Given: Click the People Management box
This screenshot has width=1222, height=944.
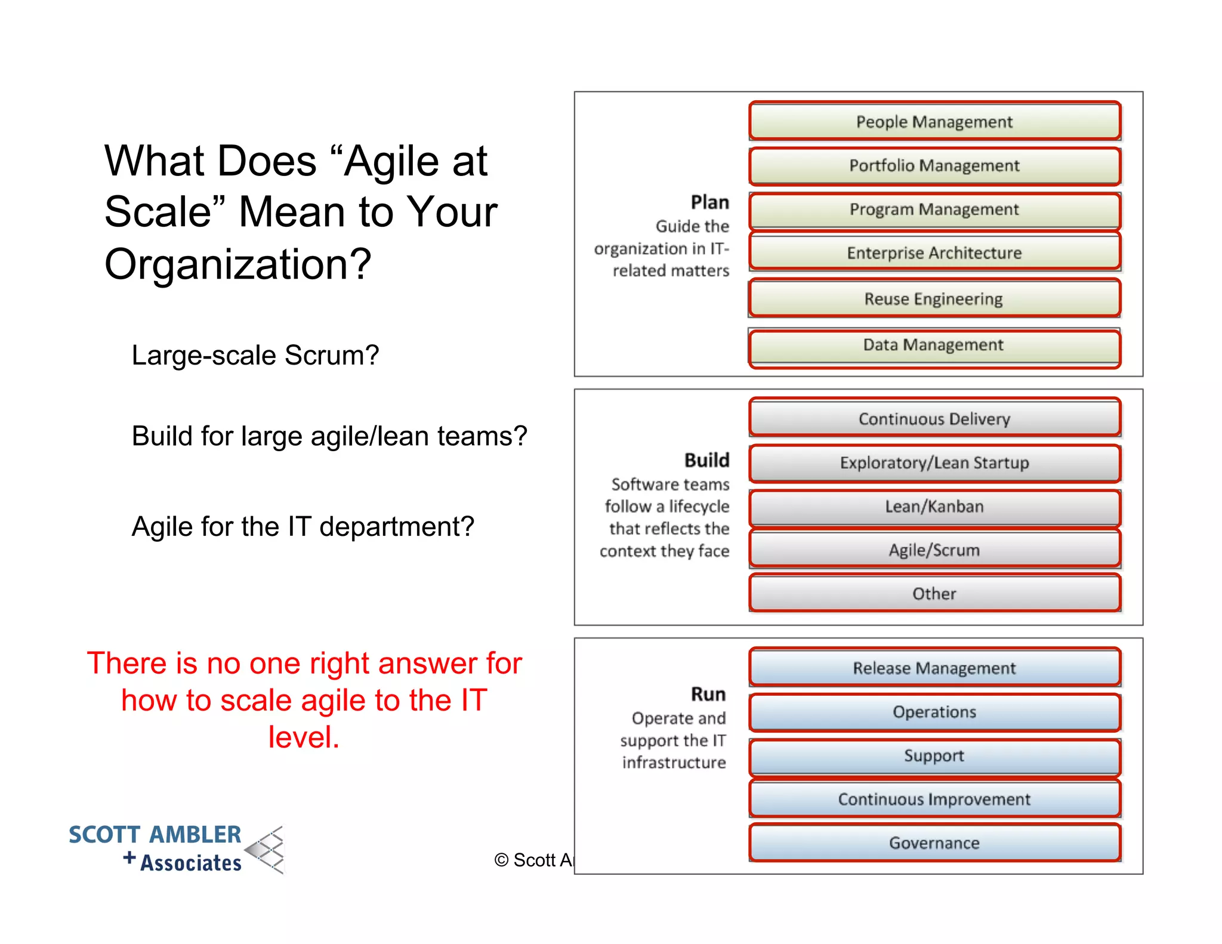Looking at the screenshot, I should pyautogui.click(x=934, y=122).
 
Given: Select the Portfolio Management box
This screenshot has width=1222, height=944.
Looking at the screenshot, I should pyautogui.click(x=934, y=166).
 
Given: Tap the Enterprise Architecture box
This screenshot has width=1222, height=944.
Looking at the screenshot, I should pyautogui.click(x=934, y=253).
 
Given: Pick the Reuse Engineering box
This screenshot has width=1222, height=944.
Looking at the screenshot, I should pyautogui.click(x=934, y=298).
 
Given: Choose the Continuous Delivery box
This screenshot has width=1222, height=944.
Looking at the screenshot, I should pyautogui.click(x=934, y=418).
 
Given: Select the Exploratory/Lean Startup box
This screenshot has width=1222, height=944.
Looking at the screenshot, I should pyautogui.click(x=934, y=463).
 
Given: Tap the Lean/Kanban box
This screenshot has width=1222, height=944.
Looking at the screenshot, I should pyautogui.click(x=934, y=507).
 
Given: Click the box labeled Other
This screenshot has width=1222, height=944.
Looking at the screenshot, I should pyautogui.click(x=934, y=594).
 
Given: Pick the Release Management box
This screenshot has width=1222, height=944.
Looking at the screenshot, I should pyautogui.click(x=934, y=668).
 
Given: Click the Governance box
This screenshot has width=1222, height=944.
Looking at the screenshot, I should pyautogui.click(x=934, y=843).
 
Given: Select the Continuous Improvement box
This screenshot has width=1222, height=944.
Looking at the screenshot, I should pyautogui.click(x=934, y=799).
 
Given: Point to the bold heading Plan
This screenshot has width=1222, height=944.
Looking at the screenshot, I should pyautogui.click(x=709, y=202).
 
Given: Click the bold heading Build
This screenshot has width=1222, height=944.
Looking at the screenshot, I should pyautogui.click(x=706, y=460).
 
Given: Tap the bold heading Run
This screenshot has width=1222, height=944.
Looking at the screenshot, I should pyautogui.click(x=708, y=694).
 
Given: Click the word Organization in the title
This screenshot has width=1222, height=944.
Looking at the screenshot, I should pyautogui.click(x=237, y=264).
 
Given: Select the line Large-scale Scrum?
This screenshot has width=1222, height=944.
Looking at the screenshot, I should pyautogui.click(x=255, y=355).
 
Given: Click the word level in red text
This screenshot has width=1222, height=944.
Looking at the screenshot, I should pyautogui.click(x=304, y=737).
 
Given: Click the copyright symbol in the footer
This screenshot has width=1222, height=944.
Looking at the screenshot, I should pyautogui.click(x=501, y=860).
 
